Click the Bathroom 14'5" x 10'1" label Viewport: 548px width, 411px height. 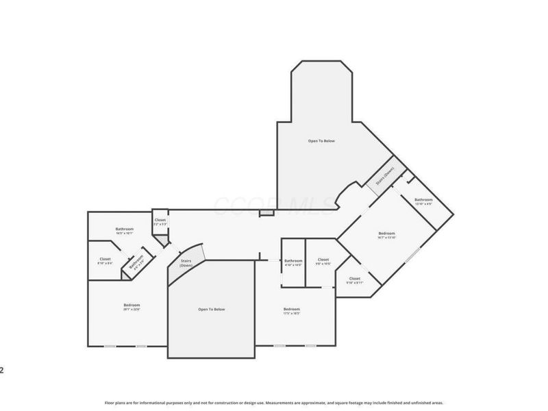tap(124, 231)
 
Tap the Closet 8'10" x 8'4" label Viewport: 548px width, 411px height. tap(105, 261)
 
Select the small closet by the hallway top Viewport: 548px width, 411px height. tap(160, 222)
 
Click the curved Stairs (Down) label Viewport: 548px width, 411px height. tap(186, 263)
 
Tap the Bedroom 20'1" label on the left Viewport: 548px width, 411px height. tap(132, 307)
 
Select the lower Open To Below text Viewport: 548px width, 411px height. tap(212, 310)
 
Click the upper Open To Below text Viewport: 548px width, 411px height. tap(321, 141)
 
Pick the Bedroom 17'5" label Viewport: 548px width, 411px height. tap(292, 311)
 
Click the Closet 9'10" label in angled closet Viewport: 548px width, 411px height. tap(354, 280)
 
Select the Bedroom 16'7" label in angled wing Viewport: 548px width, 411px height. tap(386, 236)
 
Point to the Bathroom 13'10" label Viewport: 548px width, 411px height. tap(423, 201)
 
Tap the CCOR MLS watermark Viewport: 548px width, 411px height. tap(274, 203)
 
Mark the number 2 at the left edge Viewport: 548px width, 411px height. tap(2, 371)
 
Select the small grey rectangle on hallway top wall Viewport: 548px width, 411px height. tap(266, 214)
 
